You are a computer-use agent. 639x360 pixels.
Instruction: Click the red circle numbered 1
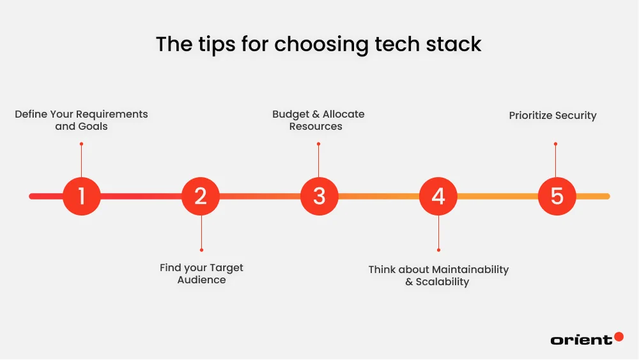point(82,196)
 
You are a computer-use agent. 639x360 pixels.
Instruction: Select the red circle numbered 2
point(201,196)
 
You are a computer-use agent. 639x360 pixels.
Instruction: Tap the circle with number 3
point(319,196)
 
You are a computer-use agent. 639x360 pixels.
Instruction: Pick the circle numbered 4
point(438,196)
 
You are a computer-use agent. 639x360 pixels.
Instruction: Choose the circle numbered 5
point(557,196)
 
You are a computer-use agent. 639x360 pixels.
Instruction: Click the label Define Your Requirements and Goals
point(81,120)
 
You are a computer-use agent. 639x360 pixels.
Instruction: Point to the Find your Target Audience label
point(201,274)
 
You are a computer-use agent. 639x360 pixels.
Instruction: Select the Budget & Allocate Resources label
point(318,120)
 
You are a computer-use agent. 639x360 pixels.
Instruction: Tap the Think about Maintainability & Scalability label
point(438,276)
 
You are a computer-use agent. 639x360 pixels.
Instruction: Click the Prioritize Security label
point(553,116)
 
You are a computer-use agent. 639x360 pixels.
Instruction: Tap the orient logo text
point(581,340)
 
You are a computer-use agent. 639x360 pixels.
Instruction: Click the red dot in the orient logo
point(619,336)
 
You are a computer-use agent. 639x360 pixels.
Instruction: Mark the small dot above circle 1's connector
point(82,144)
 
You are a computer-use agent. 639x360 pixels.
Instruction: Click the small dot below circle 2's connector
point(201,249)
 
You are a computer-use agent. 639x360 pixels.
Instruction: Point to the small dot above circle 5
point(555,144)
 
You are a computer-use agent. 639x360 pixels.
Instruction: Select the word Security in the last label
point(575,116)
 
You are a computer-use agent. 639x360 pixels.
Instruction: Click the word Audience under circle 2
point(201,280)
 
